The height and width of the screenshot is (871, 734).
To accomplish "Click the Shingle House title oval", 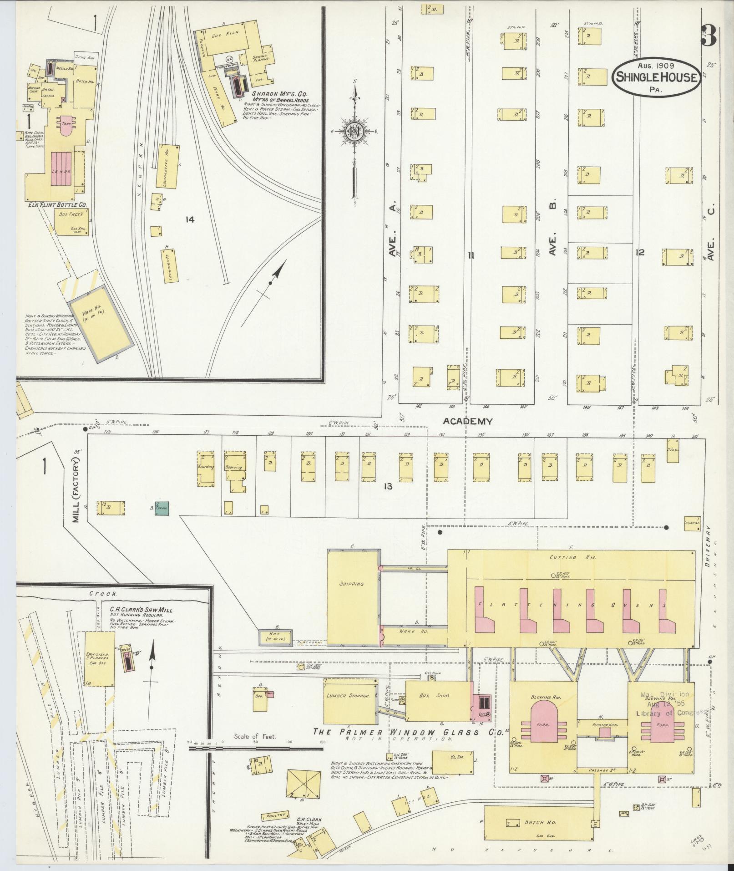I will point(656,77).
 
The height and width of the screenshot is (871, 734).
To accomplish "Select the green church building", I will point(162,508).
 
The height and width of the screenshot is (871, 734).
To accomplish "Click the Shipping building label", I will point(351,584).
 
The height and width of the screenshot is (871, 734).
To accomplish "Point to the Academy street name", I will point(469,422).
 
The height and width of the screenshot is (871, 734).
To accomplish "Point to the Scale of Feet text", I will point(255,749).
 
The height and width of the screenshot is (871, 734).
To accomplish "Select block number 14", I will point(190,220).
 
